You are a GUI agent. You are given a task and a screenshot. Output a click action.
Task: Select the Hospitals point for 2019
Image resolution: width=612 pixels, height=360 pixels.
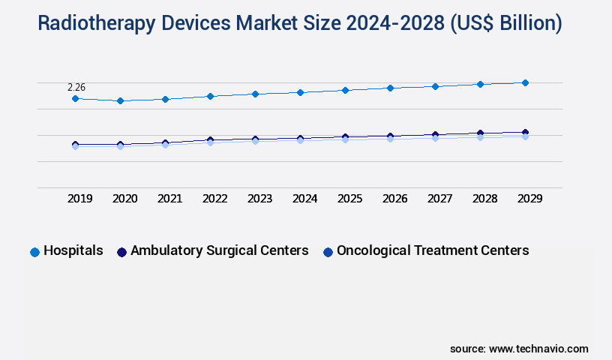pyautogui.click(x=75, y=98)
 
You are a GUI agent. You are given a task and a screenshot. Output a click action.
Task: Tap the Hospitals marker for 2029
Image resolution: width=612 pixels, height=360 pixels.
pyautogui.click(x=525, y=82)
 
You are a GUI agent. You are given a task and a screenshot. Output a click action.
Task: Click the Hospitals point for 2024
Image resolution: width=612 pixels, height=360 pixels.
pyautogui.click(x=300, y=92)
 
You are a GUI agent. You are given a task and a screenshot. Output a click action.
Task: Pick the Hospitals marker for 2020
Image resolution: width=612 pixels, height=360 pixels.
pyautogui.click(x=120, y=100)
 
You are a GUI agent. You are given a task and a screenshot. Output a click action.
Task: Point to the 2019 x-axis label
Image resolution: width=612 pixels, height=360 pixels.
pyautogui.click(x=80, y=199)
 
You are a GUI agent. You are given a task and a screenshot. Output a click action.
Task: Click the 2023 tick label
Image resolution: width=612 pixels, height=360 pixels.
pyautogui.click(x=260, y=199)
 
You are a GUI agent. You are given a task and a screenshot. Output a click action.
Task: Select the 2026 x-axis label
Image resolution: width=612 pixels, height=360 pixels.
pyautogui.click(x=395, y=199)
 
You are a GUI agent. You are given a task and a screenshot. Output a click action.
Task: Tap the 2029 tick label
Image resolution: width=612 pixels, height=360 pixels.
pyautogui.click(x=530, y=199)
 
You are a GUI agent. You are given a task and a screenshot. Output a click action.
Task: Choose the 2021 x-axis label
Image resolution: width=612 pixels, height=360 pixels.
pyautogui.click(x=170, y=199)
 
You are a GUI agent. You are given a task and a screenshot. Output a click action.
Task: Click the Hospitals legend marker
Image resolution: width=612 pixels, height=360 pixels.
pyautogui.click(x=34, y=252)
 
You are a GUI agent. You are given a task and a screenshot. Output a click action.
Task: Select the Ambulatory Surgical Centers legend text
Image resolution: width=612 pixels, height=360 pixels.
pyautogui.click(x=219, y=250)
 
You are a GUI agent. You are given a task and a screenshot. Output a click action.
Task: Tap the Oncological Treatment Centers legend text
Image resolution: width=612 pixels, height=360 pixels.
pyautogui.click(x=433, y=250)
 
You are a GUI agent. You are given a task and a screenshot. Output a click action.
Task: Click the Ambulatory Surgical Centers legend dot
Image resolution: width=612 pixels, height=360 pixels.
pyautogui.click(x=121, y=252)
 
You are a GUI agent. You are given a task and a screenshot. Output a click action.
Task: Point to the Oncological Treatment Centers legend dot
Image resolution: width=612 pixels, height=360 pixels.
pyautogui.click(x=328, y=252)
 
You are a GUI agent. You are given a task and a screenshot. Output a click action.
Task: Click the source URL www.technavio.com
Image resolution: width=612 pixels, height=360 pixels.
pyautogui.click(x=538, y=349)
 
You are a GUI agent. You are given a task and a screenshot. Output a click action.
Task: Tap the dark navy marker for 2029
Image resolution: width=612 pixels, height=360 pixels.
pyautogui.click(x=525, y=133)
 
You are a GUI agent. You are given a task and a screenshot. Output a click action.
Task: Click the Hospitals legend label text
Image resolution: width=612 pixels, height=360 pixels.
pyautogui.click(x=73, y=250)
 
